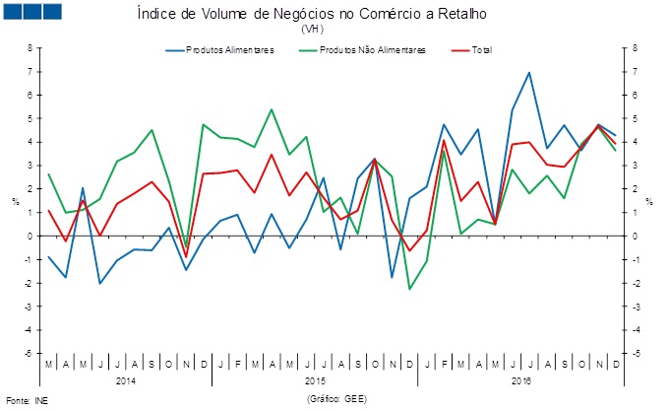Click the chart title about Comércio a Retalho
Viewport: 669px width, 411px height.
point(312,15)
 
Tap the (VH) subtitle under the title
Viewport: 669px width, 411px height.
point(312,30)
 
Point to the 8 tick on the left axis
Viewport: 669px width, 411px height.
point(30,47)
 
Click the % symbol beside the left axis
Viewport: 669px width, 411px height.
point(15,202)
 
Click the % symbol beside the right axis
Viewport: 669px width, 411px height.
point(649,202)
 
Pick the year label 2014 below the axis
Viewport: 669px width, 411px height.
point(126,379)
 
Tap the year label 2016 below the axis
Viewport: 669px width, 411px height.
point(520,379)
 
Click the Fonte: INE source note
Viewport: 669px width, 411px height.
point(27,401)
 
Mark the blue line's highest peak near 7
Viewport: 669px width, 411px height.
point(529,72)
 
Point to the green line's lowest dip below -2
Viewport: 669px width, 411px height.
point(409,289)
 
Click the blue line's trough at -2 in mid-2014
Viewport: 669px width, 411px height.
point(99,284)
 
